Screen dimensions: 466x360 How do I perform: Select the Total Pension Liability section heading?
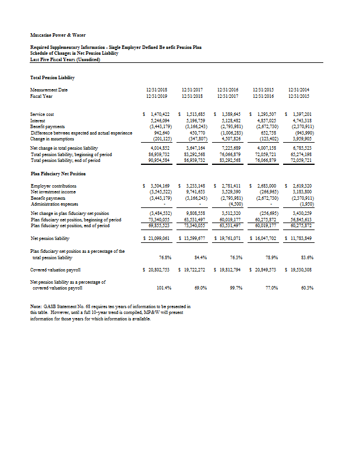pos(52,77)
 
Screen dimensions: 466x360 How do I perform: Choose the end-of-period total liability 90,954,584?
pos(158,160)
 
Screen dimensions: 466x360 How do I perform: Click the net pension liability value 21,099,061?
pos(158,239)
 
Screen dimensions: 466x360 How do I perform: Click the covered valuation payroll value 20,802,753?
pos(158,270)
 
